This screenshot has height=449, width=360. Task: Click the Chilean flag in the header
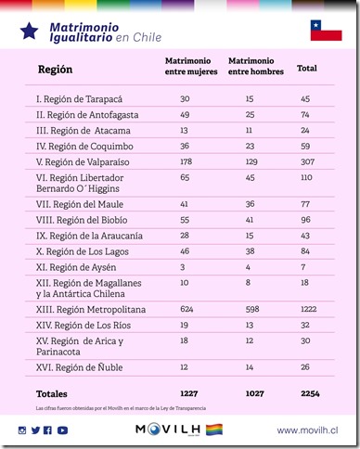[x=327, y=31]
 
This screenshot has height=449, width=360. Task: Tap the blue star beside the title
[x=29, y=32]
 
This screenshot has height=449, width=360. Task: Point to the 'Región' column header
[x=56, y=70]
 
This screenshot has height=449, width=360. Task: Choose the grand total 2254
[x=309, y=394]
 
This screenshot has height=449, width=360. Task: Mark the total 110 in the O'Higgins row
[x=306, y=175]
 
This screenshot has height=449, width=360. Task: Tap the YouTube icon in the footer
[x=62, y=430]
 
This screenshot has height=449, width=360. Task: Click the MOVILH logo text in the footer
[x=168, y=430]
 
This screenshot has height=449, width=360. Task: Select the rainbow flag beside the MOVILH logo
[x=213, y=430]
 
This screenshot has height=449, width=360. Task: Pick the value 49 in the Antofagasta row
[x=186, y=114]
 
